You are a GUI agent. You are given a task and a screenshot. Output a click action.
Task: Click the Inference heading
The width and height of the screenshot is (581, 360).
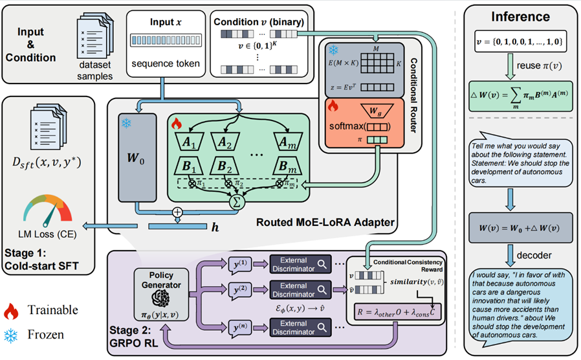pyautogui.click(x=521, y=17)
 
